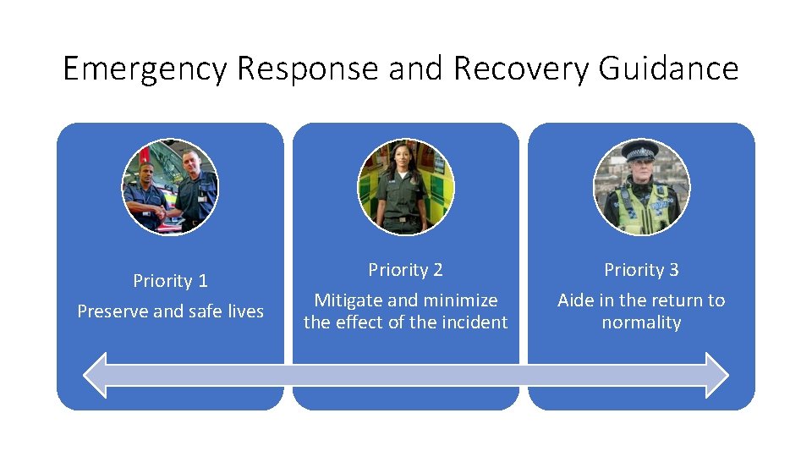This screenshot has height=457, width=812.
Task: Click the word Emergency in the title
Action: pyautogui.click(x=145, y=69)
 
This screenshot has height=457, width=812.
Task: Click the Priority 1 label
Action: pyautogui.click(x=170, y=281)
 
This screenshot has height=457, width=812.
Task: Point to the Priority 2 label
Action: pyautogui.click(x=405, y=270)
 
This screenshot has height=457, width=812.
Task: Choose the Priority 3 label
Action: pyautogui.click(x=641, y=270)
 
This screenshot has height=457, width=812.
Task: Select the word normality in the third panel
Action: pyautogui.click(x=641, y=322)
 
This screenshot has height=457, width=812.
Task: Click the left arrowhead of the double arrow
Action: pyautogui.click(x=97, y=375)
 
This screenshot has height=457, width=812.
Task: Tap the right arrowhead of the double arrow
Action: pyautogui.click(x=716, y=375)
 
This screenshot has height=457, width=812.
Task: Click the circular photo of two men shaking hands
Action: pyautogui.click(x=170, y=187)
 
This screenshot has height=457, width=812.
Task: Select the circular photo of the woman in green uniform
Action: pyautogui.click(x=405, y=187)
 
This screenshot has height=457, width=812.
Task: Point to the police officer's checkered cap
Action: pyautogui.click(x=639, y=153)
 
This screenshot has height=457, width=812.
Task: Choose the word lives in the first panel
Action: pyautogui.click(x=245, y=311)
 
